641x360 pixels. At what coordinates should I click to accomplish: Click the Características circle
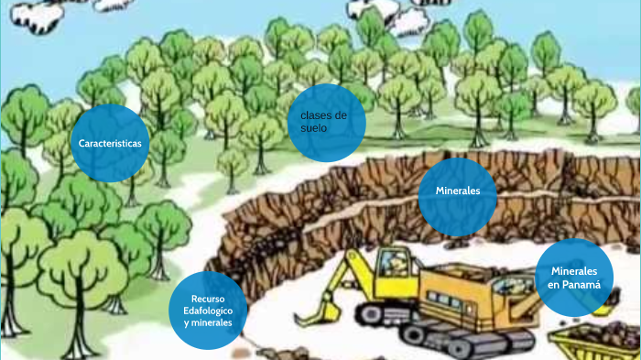click(110, 143)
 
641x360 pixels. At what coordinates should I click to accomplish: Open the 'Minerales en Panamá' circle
click(574, 278)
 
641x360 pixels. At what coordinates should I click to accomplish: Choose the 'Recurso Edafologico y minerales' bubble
click(208, 311)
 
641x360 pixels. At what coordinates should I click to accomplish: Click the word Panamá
click(582, 284)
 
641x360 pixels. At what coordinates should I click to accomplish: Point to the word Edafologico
click(208, 311)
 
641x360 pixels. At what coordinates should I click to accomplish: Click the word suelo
click(308, 128)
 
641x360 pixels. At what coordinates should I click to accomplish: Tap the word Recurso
click(208, 299)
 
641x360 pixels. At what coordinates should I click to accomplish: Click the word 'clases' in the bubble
click(309, 115)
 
